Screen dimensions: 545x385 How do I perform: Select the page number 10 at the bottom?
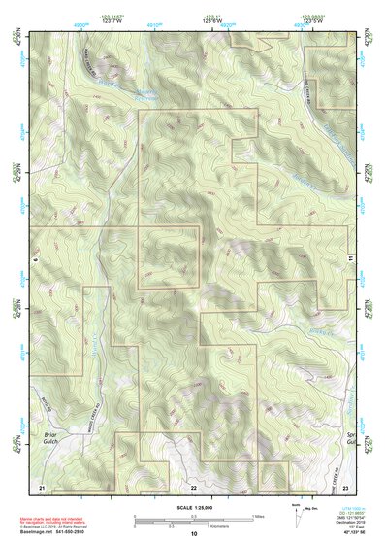[194, 533]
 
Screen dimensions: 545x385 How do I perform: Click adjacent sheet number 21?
[42, 485]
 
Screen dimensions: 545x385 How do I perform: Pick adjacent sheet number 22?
[194, 486]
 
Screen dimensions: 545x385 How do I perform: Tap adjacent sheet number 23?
[345, 485]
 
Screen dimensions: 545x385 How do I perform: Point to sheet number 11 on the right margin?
[349, 257]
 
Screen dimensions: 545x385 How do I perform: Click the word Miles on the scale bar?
[256, 516]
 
